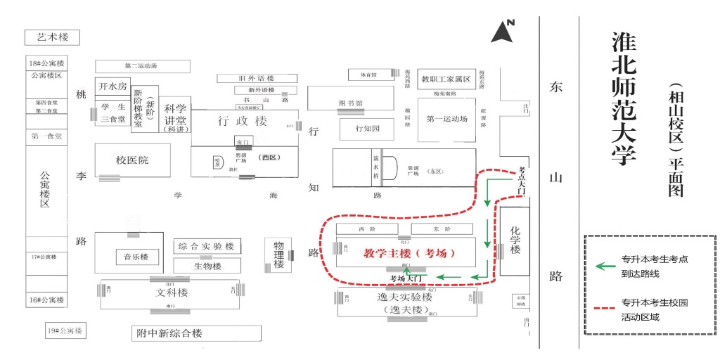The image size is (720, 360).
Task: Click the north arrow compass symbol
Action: [503, 32]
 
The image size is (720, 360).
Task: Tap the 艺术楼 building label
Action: [53, 37]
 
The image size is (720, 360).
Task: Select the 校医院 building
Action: [132, 160]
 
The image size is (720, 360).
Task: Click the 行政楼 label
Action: [242, 121]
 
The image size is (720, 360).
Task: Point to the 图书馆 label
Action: [350, 103]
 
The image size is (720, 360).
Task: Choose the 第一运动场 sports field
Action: [447, 119]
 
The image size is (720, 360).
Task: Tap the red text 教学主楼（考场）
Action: [409, 252]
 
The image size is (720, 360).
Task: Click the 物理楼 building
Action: [279, 255]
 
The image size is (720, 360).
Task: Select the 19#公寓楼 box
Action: [64, 330]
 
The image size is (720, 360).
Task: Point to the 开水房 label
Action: [112, 86]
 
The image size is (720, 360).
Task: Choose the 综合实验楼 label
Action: [207, 246]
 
